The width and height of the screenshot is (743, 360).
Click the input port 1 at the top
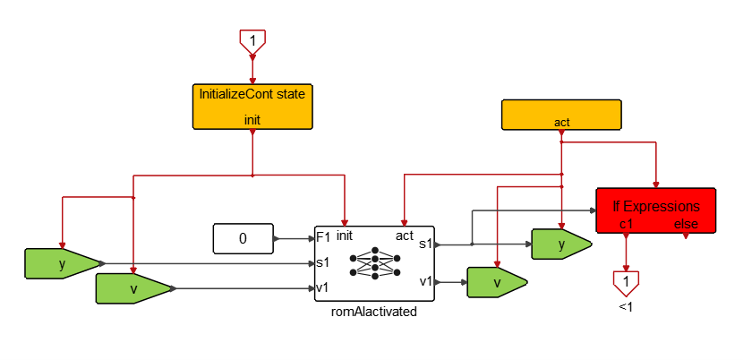[x=252, y=39]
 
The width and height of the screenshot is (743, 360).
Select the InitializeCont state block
[x=252, y=106]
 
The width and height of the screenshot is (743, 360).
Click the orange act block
[x=560, y=115]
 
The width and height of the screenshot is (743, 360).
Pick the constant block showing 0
[x=243, y=239]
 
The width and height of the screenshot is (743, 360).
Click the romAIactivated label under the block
[x=374, y=311]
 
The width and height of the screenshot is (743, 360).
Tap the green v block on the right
[x=495, y=281]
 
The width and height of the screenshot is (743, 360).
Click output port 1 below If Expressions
[x=626, y=282]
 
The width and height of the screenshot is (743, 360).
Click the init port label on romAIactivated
[x=345, y=236]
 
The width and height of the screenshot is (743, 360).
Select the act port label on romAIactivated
[x=404, y=236]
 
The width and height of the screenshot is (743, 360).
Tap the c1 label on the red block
[x=626, y=224]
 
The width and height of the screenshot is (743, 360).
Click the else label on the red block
[x=686, y=224]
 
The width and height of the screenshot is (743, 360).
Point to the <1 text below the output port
[x=626, y=307]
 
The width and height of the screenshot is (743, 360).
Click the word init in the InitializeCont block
[x=252, y=118]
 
